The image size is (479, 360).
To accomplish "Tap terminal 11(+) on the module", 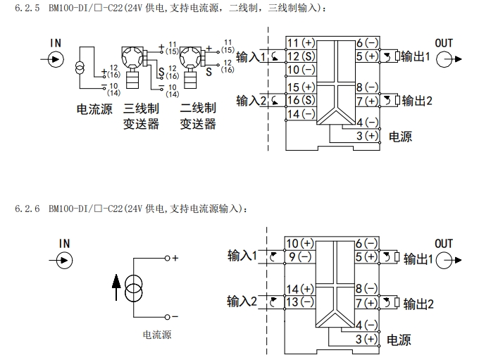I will pos(301,43).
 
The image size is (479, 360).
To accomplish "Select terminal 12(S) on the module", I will pos(301,56).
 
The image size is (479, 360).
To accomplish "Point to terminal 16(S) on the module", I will pos(301,100).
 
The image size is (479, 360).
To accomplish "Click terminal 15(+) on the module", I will pos(301,87).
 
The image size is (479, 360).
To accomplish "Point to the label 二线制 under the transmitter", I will pos(197,109).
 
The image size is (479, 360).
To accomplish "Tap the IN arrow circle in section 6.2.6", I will pos(64,260).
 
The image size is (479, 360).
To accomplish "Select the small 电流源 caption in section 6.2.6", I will pos(156,335).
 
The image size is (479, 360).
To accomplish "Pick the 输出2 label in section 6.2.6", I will pos(418,304).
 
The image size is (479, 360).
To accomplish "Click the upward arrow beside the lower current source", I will pos(116,287).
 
